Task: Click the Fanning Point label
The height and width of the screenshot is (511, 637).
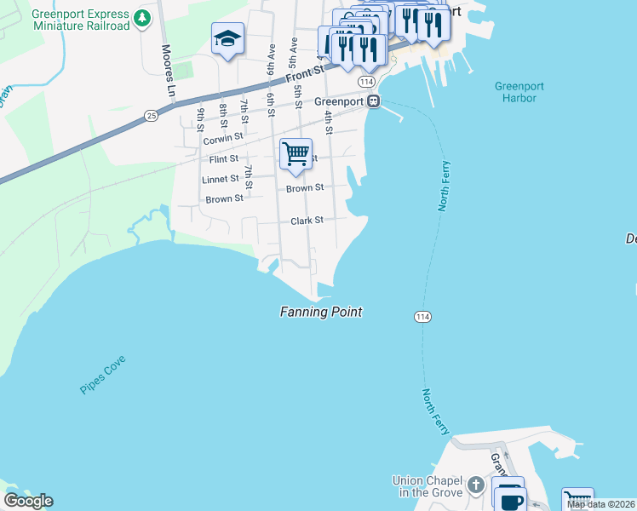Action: pyautogui.click(x=321, y=313)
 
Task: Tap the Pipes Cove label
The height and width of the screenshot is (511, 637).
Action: pyautogui.click(x=103, y=375)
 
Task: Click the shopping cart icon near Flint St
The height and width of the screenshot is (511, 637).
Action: pyautogui.click(x=296, y=154)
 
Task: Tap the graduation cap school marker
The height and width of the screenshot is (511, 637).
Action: pyautogui.click(x=227, y=38)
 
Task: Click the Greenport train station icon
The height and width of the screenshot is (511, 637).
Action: pyautogui.click(x=373, y=101)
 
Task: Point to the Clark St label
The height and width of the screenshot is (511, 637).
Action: pyautogui.click(x=307, y=220)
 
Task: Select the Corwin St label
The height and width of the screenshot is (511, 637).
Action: pyautogui.click(x=223, y=136)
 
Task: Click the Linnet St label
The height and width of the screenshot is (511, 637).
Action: pyautogui.click(x=221, y=180)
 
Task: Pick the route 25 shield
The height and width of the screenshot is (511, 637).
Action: pyautogui.click(x=151, y=115)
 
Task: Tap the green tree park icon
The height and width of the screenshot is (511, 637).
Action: pyautogui.click(x=143, y=17)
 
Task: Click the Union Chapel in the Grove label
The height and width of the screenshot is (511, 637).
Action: pyautogui.click(x=428, y=486)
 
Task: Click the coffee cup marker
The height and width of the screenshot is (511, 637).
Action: pyautogui.click(x=509, y=499)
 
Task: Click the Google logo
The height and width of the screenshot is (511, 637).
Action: pyautogui.click(x=29, y=501)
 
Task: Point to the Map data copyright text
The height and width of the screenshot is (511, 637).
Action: pyautogui.click(x=600, y=504)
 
